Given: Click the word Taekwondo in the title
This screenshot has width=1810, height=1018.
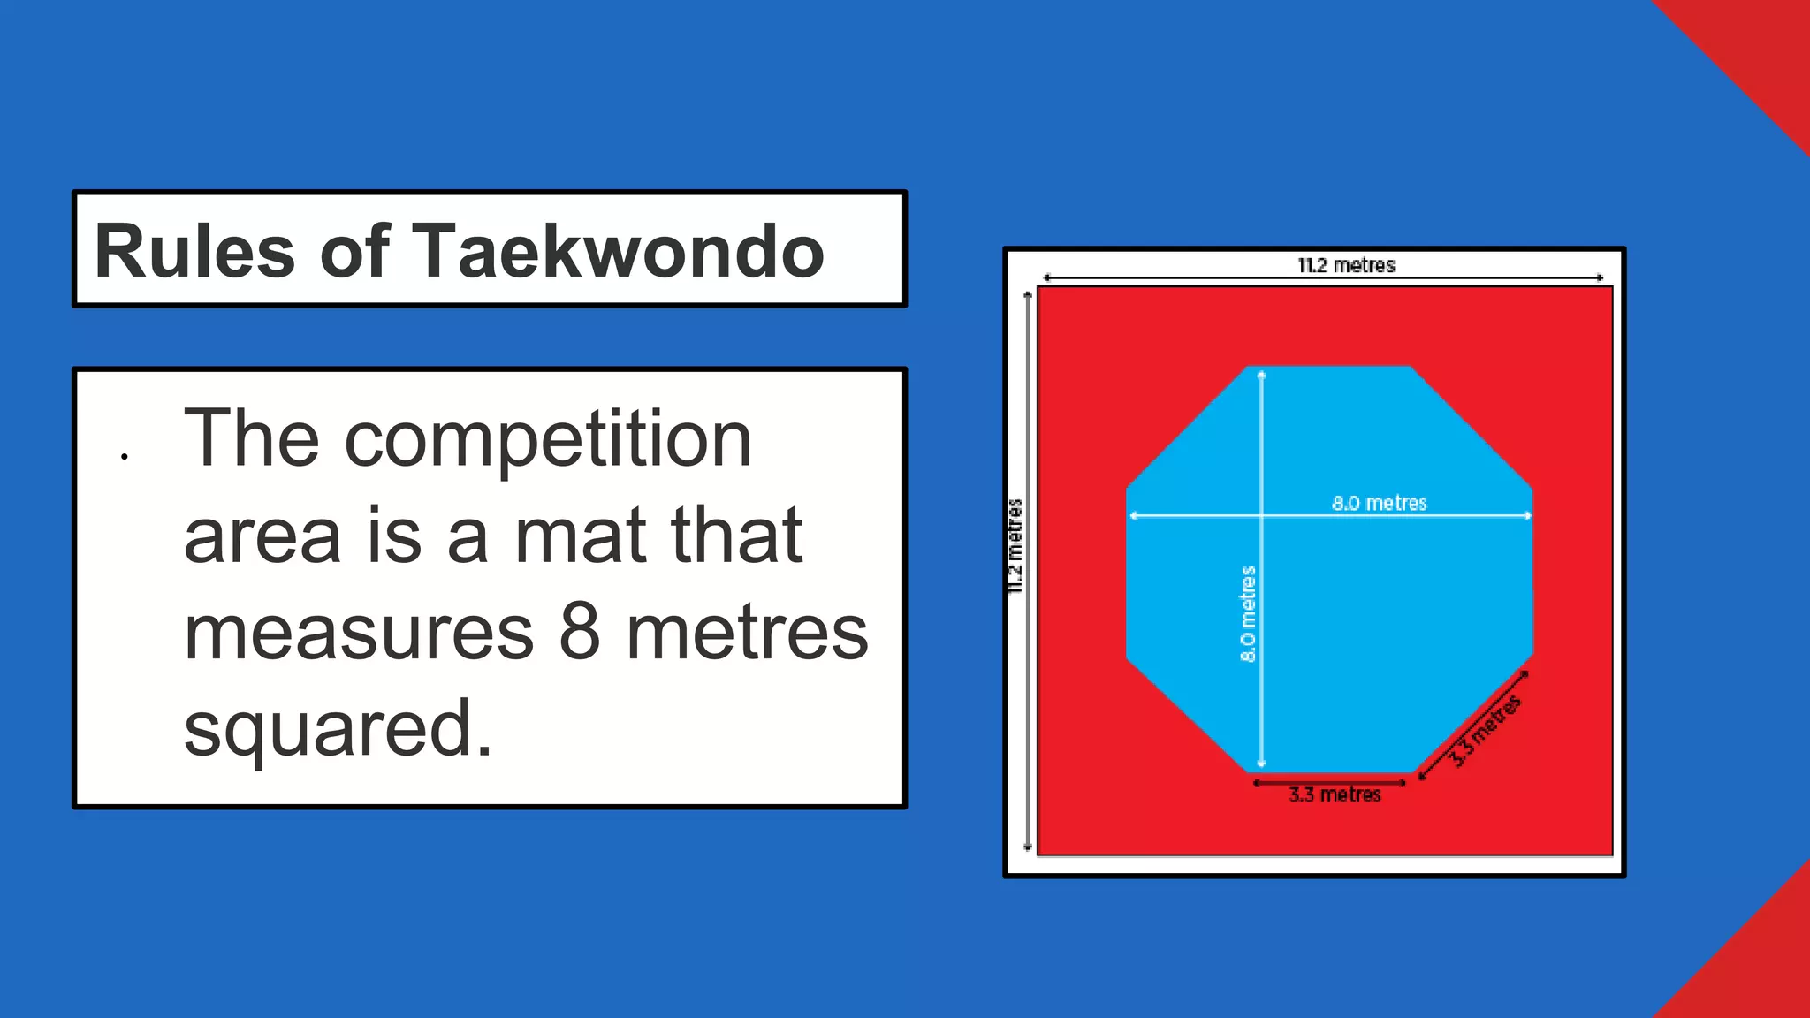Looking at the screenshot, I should click(x=618, y=252).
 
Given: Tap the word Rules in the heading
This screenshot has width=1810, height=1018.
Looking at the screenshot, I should click(x=194, y=252).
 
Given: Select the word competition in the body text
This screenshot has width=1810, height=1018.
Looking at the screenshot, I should click(x=547, y=439).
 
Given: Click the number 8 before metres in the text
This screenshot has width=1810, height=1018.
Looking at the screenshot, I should click(x=580, y=632).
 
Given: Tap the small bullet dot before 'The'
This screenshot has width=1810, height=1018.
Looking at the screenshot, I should click(x=125, y=457).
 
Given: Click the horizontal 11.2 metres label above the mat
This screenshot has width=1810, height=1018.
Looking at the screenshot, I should click(x=1345, y=265).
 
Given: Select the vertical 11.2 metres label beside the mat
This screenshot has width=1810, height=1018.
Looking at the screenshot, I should click(x=1015, y=545).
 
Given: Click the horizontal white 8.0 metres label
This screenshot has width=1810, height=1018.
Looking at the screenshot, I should click(x=1379, y=503).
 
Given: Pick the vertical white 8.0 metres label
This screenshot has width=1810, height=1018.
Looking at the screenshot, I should click(x=1247, y=613).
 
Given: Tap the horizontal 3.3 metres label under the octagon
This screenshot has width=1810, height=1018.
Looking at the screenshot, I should click(x=1335, y=794).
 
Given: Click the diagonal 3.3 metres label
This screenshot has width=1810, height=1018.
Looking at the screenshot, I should click(x=1487, y=730).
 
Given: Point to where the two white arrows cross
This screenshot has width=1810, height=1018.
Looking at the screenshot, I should click(x=1261, y=515).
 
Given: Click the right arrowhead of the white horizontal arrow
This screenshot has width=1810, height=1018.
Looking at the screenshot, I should click(x=1528, y=515).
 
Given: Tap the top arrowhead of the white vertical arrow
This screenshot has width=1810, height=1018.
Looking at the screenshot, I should click(x=1261, y=375).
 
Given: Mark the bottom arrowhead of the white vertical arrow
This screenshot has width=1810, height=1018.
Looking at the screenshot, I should click(x=1261, y=763).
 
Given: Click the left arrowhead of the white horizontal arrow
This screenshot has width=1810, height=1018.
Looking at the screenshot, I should click(x=1133, y=515).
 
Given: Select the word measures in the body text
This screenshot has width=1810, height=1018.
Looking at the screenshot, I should click(x=359, y=632).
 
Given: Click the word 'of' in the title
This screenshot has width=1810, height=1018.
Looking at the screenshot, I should click(x=354, y=252).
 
